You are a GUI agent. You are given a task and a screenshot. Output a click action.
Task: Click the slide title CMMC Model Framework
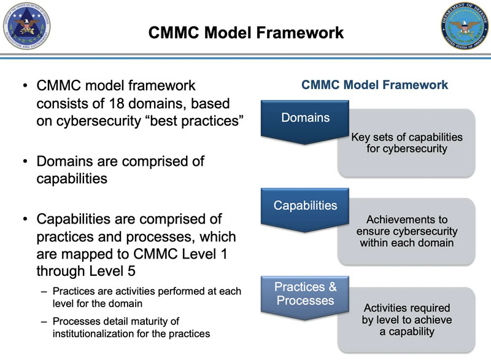click(246, 31)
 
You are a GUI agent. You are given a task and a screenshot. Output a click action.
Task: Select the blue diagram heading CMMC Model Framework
click(374, 85)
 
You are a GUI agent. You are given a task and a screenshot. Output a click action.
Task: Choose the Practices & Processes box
click(306, 294)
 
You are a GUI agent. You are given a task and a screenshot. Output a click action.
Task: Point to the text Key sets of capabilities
click(406, 136)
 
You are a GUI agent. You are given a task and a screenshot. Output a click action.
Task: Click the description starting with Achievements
click(406, 219)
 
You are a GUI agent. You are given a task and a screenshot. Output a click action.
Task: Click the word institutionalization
click(91, 334)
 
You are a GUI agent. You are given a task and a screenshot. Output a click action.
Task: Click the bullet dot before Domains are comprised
click(24, 162)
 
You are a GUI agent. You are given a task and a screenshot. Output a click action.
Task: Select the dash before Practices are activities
click(44, 291)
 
